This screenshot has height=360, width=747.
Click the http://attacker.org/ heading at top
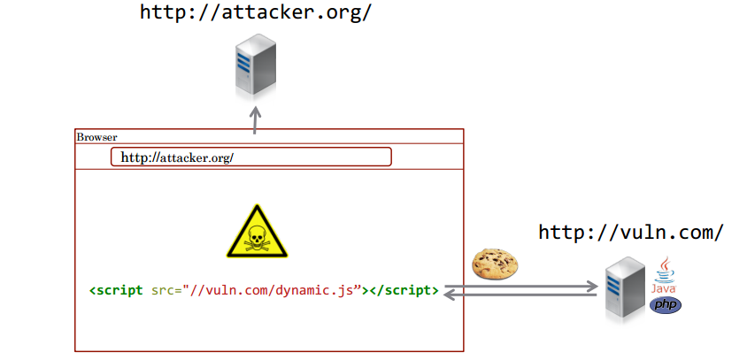pyautogui.click(x=256, y=12)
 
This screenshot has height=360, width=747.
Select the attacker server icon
pyautogui.click(x=255, y=64)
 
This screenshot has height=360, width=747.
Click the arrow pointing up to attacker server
pyautogui.click(x=255, y=119)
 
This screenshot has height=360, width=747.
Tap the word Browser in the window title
pyautogui.click(x=96, y=137)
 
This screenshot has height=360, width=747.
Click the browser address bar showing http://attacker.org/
pyautogui.click(x=250, y=157)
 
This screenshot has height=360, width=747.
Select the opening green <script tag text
pyautogui.click(x=116, y=290)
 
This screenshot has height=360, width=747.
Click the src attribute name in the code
pyautogui.click(x=163, y=290)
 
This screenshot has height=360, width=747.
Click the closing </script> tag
pyautogui.click(x=404, y=290)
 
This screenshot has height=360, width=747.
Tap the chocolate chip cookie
pyautogui.click(x=494, y=263)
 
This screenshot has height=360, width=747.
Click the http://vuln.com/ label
pyautogui.click(x=631, y=233)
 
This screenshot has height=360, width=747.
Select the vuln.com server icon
pyautogui.click(x=626, y=287)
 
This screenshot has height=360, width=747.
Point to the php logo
pyautogui.click(x=666, y=304)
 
